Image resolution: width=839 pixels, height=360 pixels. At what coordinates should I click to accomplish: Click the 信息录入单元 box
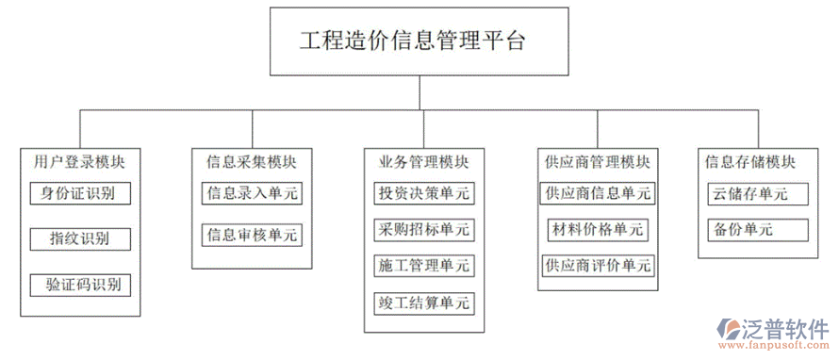pos(253,194)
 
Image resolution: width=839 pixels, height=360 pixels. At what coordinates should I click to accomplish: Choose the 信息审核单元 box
pos(253,234)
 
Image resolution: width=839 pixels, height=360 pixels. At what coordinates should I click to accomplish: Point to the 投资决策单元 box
pos(423,194)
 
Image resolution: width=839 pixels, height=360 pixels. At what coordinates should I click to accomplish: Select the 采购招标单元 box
pos(423,229)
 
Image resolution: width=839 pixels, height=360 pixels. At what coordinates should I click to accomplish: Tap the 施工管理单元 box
pos(423,266)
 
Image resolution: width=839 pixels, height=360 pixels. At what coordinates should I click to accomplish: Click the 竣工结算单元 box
pos(423,303)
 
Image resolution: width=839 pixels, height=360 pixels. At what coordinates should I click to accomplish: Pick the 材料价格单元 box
pos(598,229)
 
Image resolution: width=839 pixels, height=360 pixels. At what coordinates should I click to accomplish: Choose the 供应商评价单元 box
pos(598,266)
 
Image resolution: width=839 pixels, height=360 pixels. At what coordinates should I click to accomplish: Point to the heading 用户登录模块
pos(79,161)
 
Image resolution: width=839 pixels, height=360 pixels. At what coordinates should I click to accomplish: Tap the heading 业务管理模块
pos(423,161)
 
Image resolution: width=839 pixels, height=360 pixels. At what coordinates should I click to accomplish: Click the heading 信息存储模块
pos(750,161)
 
